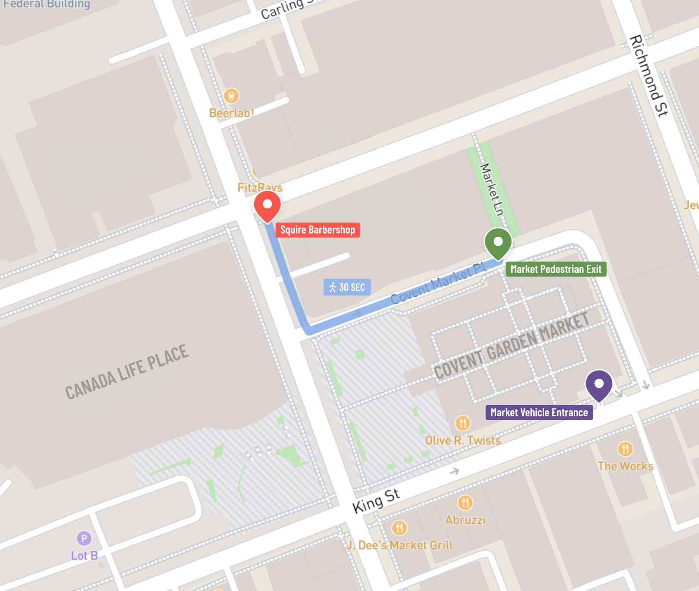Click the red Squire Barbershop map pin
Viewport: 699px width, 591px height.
coord(268,205)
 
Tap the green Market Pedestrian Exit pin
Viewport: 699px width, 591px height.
coord(498,242)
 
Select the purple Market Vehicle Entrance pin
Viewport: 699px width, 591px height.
coord(599,384)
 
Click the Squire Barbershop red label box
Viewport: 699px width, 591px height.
coord(318,229)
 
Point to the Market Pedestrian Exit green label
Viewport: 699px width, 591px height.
coord(556,269)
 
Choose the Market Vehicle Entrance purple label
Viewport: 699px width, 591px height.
coord(539,412)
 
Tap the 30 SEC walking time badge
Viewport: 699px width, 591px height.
coord(347,287)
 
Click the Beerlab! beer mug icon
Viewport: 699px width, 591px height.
coord(231,96)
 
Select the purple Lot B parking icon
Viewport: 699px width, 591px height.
coord(84,538)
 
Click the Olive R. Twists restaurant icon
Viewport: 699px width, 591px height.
coord(463,423)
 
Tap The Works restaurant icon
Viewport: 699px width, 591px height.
coord(625,449)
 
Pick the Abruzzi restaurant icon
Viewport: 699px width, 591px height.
coord(465,503)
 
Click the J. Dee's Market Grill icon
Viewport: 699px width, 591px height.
coord(399,528)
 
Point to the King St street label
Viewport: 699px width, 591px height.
coord(376,501)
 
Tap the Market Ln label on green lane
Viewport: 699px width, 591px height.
coord(491,189)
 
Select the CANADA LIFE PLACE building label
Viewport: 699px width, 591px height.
coord(127,372)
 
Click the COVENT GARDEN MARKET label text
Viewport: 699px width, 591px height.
coord(511,346)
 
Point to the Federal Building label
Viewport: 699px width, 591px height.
coord(47,4)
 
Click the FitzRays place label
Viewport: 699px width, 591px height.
coord(260,187)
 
